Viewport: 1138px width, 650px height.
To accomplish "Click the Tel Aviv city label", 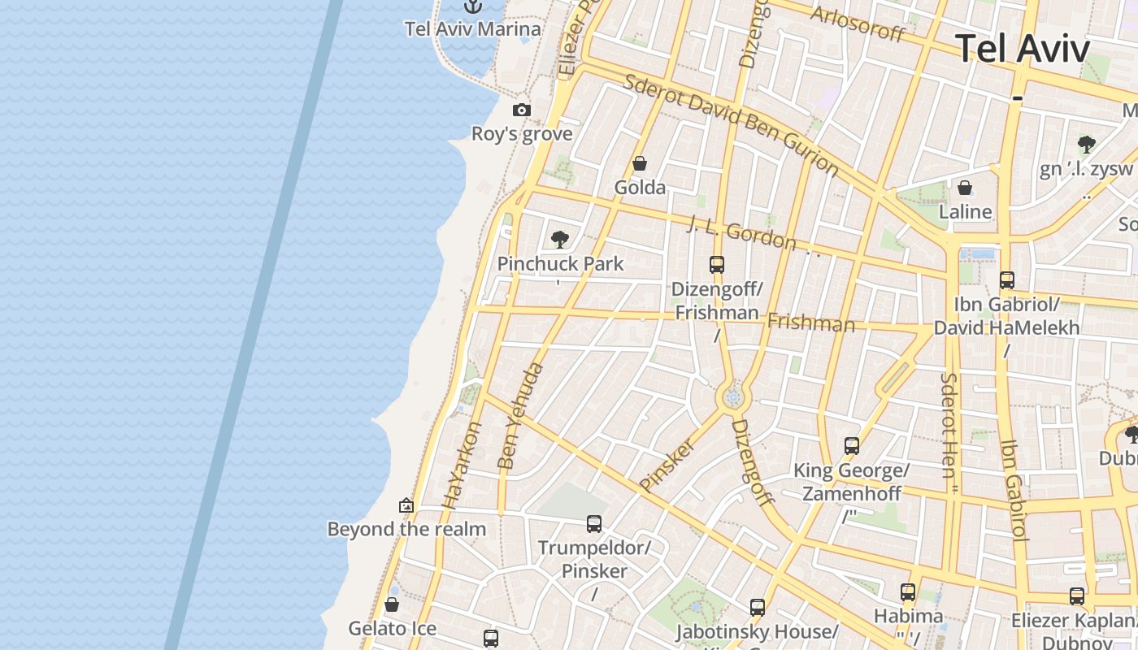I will coord(1022,49).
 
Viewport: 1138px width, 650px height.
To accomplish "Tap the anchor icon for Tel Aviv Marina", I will coord(473,6).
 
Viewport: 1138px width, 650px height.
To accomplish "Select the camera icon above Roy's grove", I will coord(522,110).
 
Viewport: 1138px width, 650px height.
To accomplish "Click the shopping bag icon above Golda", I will coord(640,164).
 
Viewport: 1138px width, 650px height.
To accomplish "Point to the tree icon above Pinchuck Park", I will coord(559,239).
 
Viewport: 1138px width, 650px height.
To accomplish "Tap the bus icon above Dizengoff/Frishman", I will coord(716,264).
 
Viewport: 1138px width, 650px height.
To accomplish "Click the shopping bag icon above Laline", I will coord(965,188).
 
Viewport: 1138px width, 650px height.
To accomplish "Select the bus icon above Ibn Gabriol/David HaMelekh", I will coord(1007,280).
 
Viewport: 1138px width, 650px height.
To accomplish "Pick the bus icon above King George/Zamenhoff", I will coord(852,446).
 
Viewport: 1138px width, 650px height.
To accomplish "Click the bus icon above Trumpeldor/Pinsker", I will coord(594,524).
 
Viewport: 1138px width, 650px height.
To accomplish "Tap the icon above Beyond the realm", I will coord(406,506).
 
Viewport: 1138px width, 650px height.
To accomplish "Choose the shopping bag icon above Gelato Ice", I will coord(392,605).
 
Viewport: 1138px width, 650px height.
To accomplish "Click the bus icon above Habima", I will coord(908,592).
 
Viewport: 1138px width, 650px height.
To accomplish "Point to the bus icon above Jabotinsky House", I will coord(758,607).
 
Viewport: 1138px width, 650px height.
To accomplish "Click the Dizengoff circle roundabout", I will coord(733,397).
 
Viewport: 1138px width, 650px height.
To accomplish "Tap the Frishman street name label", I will coord(811,323).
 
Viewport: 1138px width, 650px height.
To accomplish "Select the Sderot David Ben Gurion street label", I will coord(731,125).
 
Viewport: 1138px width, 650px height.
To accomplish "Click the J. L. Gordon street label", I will coord(741,232).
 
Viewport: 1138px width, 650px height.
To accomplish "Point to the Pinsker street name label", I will coord(668,465).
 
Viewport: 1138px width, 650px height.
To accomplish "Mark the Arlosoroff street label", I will coord(858,23).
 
